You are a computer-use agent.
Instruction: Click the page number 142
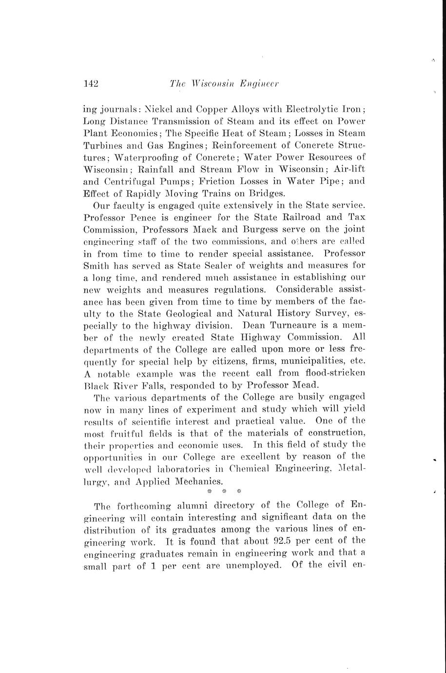92,83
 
